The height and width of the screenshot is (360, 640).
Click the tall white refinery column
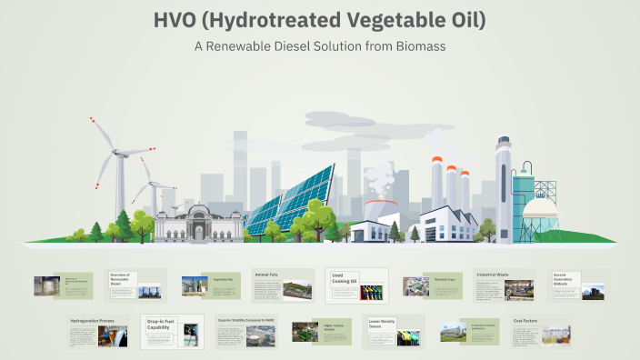[503, 186]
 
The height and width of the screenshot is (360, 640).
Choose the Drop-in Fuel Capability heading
[162, 324]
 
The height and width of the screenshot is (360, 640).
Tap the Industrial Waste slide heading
[492, 274]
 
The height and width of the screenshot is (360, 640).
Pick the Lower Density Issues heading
[385, 321]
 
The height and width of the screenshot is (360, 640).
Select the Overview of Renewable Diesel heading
[123, 276]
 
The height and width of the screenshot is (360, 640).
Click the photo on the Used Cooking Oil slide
[371, 293]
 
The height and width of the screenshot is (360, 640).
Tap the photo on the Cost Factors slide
[555, 335]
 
